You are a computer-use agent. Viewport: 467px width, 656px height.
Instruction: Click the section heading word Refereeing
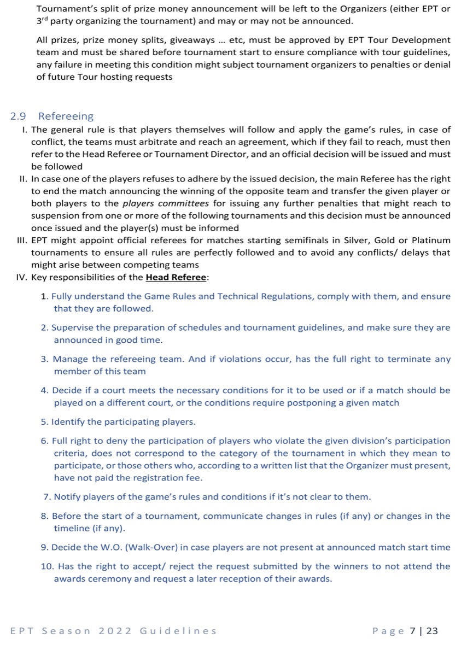[x=66, y=116]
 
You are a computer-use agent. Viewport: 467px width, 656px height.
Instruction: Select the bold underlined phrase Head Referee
[x=176, y=277]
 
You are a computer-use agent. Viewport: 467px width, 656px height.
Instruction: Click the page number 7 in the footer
[x=413, y=631]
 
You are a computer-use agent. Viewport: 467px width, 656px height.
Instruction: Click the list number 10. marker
[x=47, y=566]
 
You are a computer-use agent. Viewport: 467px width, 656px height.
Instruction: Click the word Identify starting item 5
[x=68, y=422]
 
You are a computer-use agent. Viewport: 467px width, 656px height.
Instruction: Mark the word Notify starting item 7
[x=66, y=497]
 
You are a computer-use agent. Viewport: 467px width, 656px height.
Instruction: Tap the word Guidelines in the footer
[x=178, y=631]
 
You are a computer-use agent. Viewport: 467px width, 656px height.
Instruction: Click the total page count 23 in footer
[x=432, y=631]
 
